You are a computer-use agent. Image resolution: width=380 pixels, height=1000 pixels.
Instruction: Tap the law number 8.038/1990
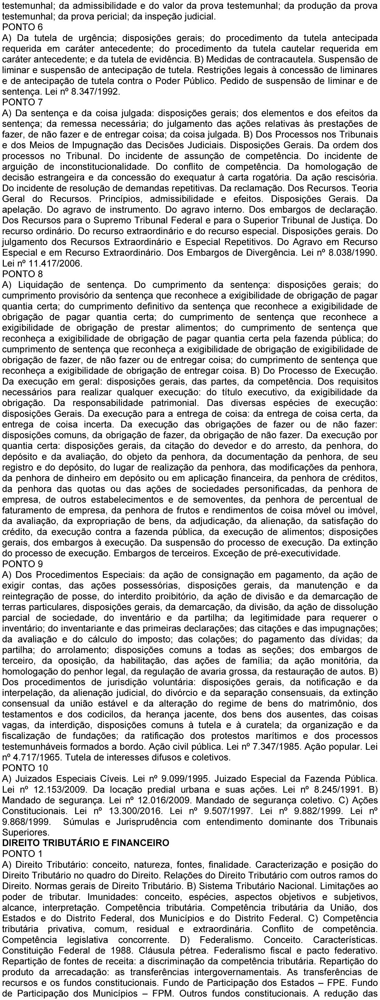[x=349, y=253]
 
